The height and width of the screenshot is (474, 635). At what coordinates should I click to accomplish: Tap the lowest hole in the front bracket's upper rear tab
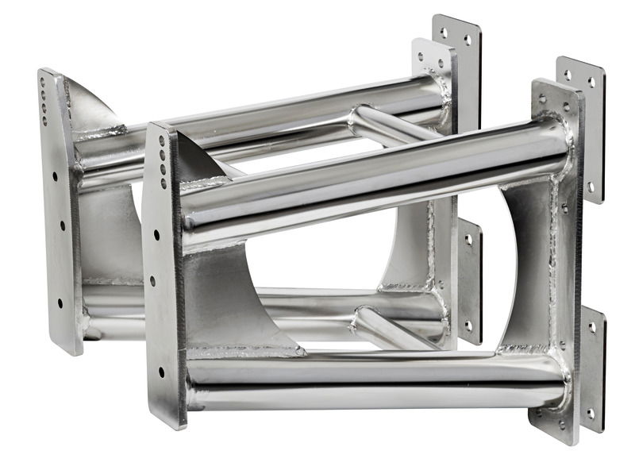[x=589, y=187]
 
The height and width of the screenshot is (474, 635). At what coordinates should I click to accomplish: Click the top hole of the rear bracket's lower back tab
[x=468, y=238]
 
